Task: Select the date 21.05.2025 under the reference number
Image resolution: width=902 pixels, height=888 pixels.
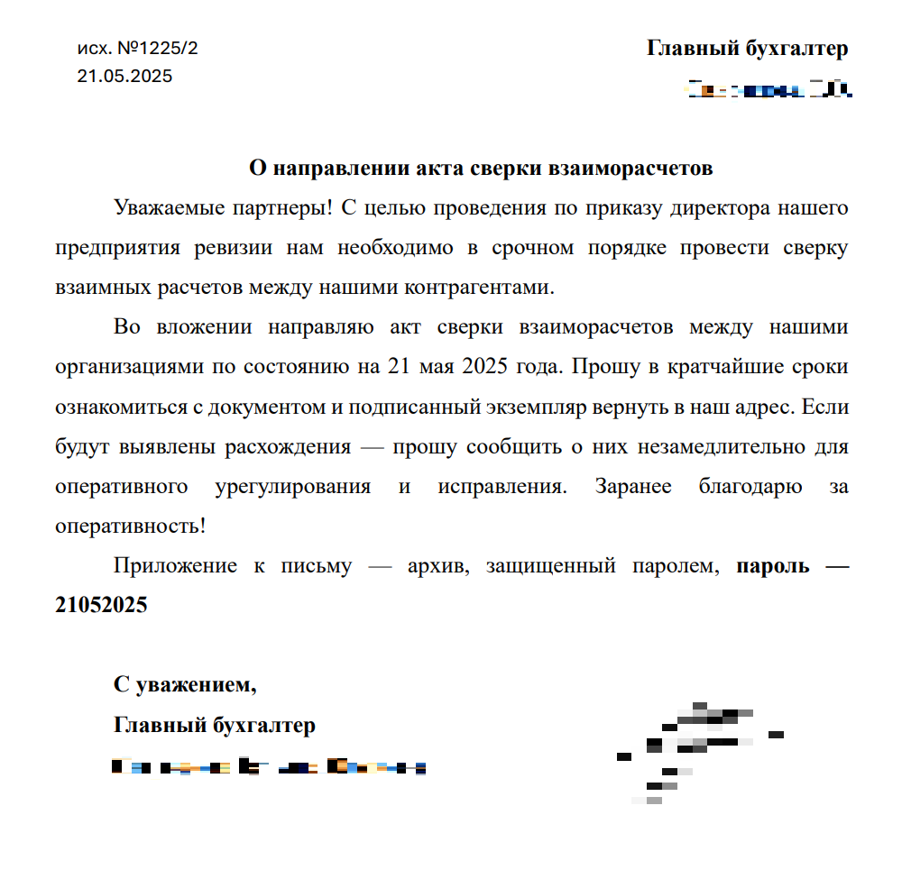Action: tap(124, 77)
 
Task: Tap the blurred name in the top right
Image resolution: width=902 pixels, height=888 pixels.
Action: tap(770, 89)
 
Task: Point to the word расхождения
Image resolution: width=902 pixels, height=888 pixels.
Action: tap(299, 446)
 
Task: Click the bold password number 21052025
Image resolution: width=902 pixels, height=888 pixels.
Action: tap(101, 606)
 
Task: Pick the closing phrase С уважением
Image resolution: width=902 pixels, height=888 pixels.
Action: tap(185, 685)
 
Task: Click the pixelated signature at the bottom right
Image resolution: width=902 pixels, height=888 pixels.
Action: tap(695, 748)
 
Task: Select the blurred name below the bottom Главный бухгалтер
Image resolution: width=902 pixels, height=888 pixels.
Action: tap(268, 768)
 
